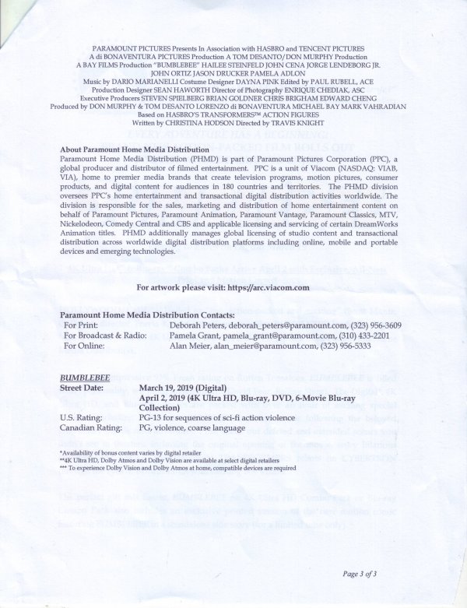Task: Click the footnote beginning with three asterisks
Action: click(x=178, y=468)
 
